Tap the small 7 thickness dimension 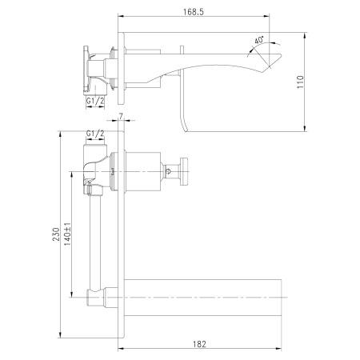[x=120, y=117]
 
